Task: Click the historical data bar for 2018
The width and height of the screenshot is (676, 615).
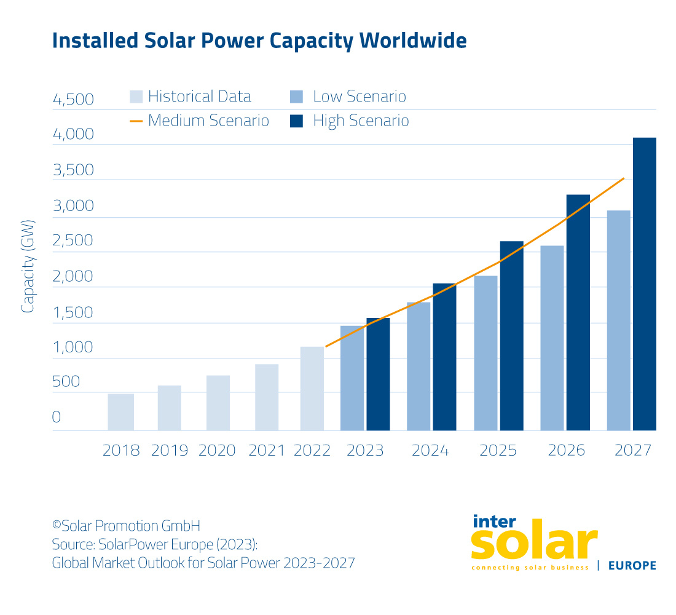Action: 120,412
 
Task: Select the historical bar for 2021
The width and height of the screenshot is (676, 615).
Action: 267,397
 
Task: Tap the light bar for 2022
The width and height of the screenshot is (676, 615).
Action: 312,389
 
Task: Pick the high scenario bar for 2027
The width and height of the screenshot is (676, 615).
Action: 644,284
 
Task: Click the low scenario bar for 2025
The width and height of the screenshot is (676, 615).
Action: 485,353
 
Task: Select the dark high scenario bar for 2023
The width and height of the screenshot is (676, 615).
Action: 378,374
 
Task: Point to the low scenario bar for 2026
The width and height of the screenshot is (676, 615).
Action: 552,338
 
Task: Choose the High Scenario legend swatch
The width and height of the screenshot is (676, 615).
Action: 296,121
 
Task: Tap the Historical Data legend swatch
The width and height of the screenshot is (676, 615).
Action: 136,97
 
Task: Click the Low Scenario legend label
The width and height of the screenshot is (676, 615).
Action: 360,97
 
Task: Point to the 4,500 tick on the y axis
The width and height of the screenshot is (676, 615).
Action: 73,100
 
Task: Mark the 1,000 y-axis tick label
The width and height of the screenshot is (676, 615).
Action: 73,347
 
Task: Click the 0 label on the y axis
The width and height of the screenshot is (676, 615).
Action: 57,417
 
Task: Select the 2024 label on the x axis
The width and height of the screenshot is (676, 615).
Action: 430,451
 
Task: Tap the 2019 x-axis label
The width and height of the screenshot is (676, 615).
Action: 170,451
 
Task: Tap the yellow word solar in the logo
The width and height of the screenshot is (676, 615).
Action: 533,544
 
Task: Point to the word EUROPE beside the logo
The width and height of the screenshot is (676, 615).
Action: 632,566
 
